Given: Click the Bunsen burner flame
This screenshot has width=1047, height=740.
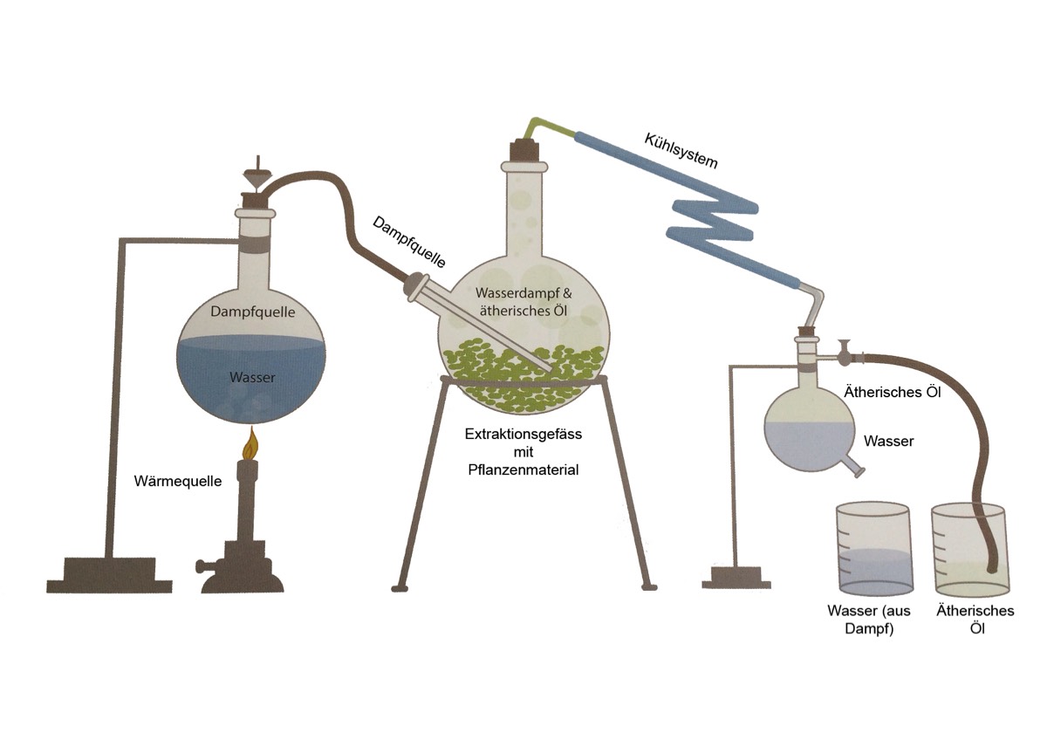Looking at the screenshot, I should pos(253,444).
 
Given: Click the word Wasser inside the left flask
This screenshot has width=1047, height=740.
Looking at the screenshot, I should pos(252,378).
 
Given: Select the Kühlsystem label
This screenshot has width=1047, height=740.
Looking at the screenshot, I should pos(681,150).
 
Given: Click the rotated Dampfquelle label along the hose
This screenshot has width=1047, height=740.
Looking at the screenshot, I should pos(410,241).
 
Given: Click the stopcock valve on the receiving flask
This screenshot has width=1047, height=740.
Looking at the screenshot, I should pos(844,353).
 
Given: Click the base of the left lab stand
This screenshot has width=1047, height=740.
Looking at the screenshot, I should pos(109,576).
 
